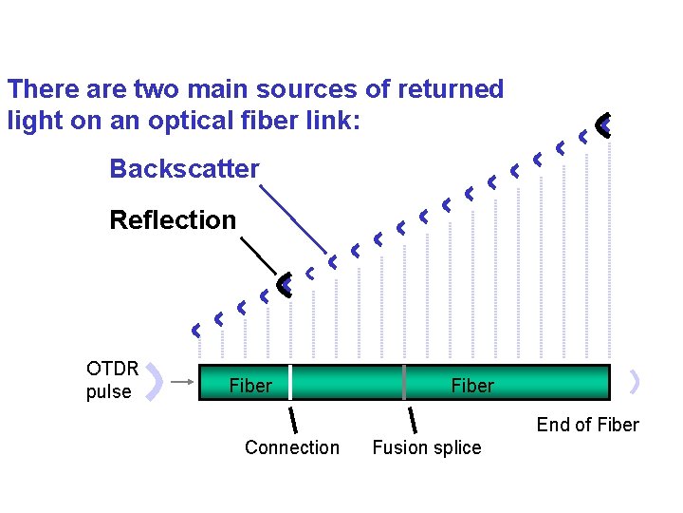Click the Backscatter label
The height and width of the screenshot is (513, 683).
(x=184, y=169)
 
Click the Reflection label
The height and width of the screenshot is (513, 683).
(x=173, y=219)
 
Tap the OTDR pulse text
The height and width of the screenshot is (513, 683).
(x=112, y=380)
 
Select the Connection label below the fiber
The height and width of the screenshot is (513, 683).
(x=291, y=447)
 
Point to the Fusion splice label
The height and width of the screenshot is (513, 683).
(x=426, y=447)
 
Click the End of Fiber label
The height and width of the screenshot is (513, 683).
(x=587, y=425)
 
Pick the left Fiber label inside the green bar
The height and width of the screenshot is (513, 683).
(x=250, y=386)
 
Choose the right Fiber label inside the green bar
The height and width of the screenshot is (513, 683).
(x=471, y=386)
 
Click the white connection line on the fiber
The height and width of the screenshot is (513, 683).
(x=290, y=382)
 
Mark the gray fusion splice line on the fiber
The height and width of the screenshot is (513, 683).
(x=405, y=382)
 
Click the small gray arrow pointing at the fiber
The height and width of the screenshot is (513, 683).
(x=183, y=383)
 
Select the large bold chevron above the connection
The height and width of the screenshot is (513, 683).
(x=283, y=283)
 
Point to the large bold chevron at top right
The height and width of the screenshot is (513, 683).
(x=603, y=123)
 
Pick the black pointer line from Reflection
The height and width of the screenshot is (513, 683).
(x=258, y=255)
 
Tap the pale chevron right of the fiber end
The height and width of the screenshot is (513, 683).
(x=635, y=382)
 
